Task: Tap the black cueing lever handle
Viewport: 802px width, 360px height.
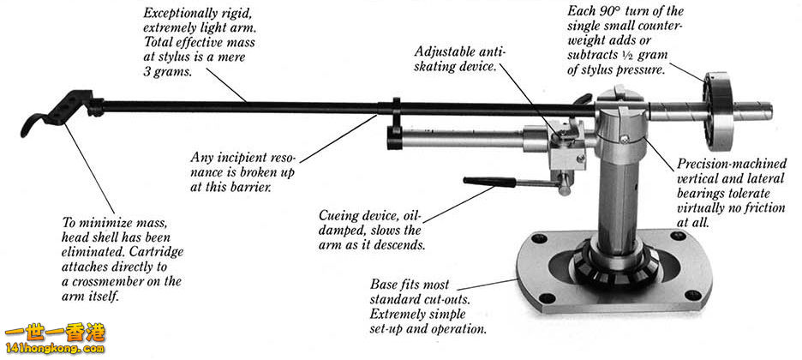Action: tap(488, 181)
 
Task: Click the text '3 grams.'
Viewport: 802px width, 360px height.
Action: tap(168, 73)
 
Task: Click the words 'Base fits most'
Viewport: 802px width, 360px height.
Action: tap(410, 284)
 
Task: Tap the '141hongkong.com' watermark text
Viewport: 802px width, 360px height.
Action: tap(53, 350)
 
